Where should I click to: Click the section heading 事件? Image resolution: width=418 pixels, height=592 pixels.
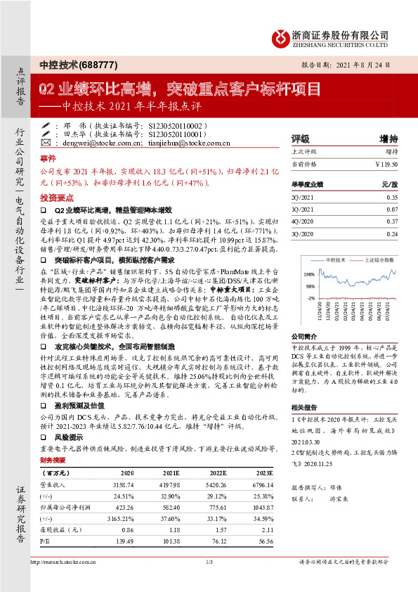pos(48,158)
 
